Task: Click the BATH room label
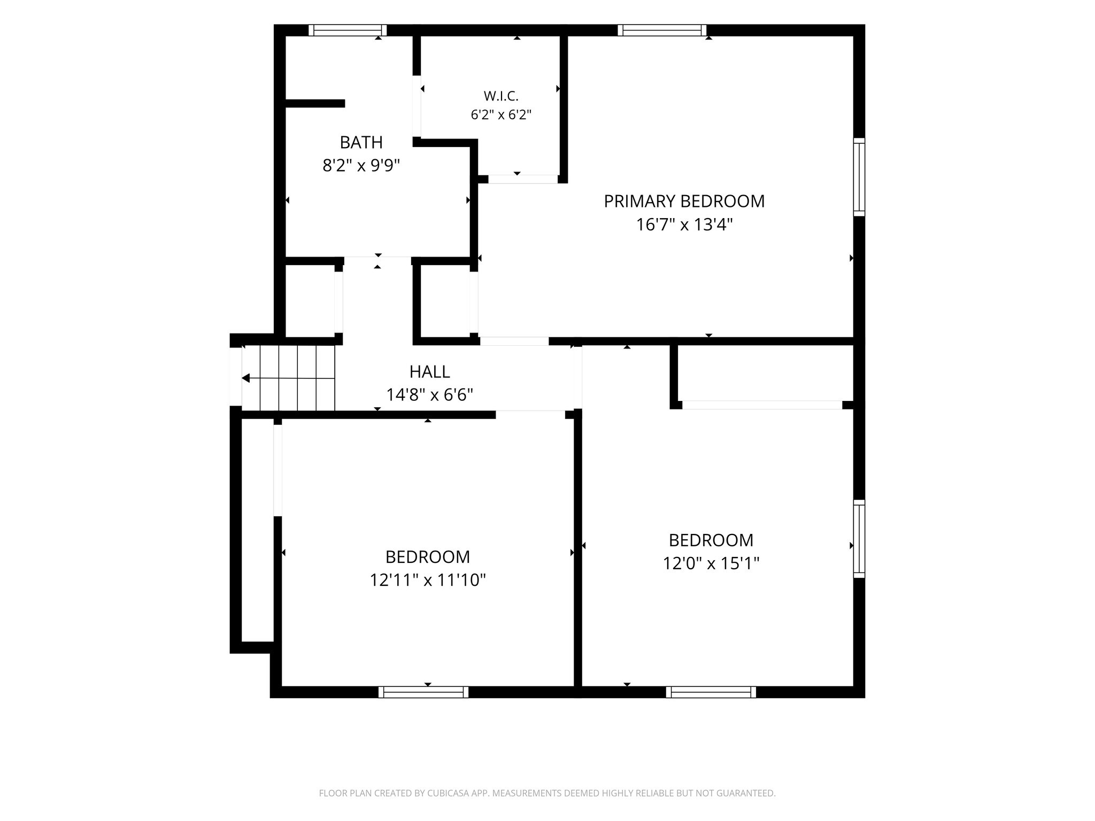(361, 143)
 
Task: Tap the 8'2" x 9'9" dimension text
(361, 166)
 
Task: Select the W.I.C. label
(501, 96)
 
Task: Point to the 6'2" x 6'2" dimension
(501, 115)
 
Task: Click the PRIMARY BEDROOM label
(684, 202)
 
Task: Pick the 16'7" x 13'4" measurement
(684, 224)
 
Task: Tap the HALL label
(430, 371)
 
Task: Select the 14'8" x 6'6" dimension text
(430, 395)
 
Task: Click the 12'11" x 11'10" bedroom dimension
(428, 580)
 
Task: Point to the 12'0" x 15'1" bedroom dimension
(711, 563)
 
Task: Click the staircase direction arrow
(288, 378)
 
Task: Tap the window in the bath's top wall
(348, 30)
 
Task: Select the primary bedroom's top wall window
(662, 30)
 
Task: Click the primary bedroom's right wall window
(859, 177)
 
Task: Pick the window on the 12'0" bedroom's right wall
(859, 539)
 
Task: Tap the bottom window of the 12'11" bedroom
(423, 692)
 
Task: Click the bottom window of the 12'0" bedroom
(711, 692)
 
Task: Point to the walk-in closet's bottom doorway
(523, 179)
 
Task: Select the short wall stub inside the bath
(315, 103)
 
